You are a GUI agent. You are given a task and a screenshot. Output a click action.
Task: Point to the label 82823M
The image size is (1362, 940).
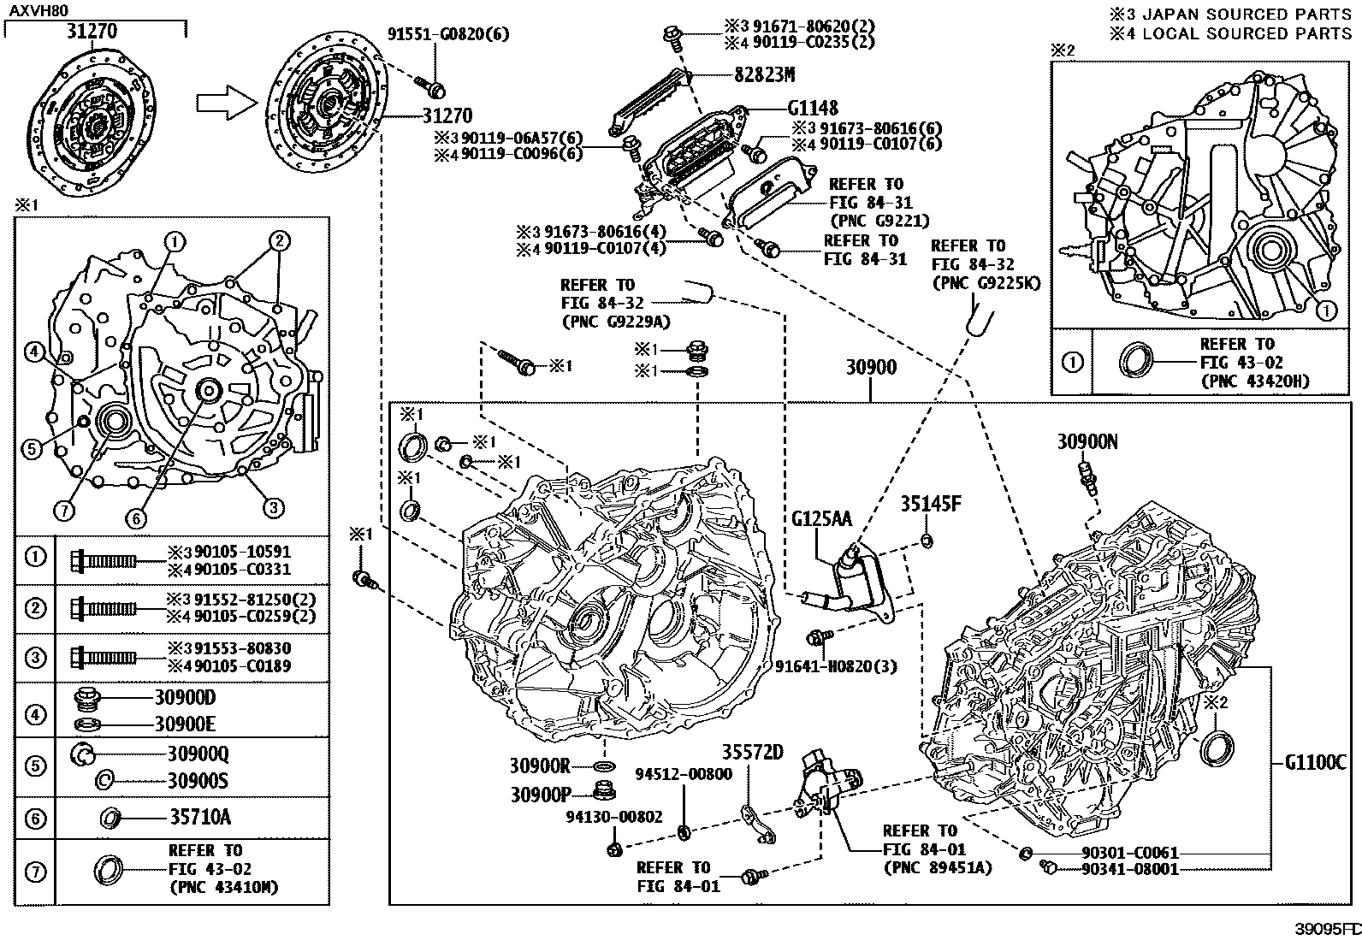[764, 74]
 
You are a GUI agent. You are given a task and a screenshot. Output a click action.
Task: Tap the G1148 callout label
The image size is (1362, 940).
[813, 109]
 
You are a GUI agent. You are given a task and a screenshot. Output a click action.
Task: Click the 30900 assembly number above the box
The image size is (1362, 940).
[871, 368]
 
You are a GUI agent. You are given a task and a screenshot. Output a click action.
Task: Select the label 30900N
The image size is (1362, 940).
[1087, 441]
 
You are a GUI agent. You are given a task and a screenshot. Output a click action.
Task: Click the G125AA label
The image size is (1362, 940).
[821, 518]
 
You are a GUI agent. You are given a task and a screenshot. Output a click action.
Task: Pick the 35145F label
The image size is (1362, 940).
[931, 504]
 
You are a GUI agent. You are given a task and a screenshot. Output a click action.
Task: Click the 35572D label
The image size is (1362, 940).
[752, 753]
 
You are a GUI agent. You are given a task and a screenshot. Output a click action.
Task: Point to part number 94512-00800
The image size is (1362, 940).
[683, 774]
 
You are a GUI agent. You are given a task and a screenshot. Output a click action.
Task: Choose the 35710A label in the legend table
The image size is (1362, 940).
[198, 817]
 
